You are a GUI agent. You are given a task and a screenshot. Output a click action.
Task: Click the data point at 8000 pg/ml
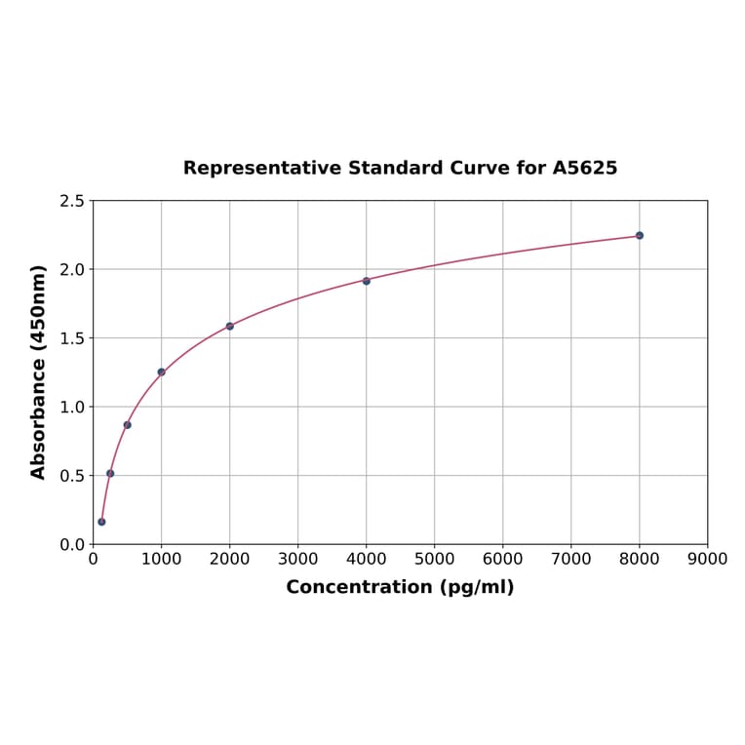(640, 235)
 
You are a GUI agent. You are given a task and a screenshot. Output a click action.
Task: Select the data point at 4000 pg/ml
(367, 281)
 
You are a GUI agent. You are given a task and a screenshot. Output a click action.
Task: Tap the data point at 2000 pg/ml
(230, 326)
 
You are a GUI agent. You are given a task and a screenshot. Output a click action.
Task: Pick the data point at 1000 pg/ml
(161, 372)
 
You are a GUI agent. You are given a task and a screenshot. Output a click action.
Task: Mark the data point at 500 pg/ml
(127, 425)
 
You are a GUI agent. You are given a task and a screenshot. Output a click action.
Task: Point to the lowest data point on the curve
(101, 522)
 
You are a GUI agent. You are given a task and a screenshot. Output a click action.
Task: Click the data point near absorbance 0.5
(110, 473)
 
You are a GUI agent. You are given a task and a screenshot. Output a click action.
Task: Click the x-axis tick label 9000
(707, 559)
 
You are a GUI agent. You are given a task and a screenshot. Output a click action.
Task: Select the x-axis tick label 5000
(434, 559)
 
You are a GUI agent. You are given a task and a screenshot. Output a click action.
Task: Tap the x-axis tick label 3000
(297, 559)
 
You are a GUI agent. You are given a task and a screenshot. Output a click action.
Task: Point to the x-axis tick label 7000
(570, 559)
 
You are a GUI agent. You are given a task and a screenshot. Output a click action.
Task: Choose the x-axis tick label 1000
(161, 559)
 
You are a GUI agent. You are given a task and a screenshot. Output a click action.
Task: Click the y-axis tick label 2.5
(71, 201)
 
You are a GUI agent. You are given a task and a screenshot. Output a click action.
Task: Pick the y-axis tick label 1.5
(71, 338)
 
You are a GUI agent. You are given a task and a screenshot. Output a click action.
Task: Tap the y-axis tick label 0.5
(71, 476)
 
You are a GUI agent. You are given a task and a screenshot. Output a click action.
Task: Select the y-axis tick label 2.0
(71, 269)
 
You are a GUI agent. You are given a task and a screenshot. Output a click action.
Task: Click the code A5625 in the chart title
(584, 168)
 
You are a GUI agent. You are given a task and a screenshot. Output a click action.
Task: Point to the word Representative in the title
(250, 168)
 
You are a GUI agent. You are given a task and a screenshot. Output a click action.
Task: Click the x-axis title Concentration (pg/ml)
(400, 587)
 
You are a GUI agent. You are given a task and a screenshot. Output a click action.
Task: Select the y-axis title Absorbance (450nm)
(39, 372)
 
